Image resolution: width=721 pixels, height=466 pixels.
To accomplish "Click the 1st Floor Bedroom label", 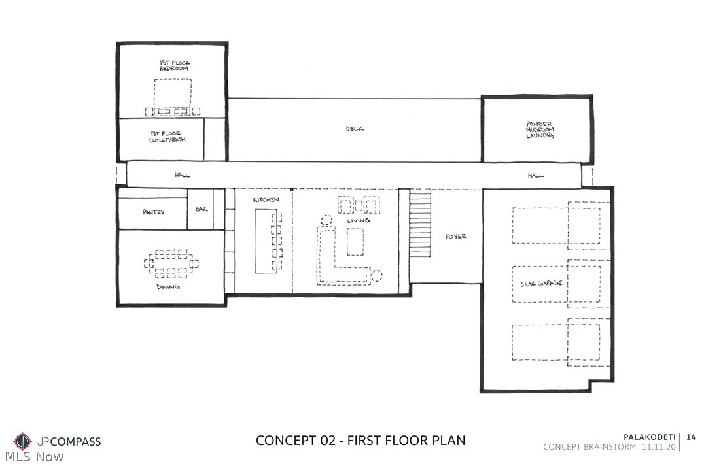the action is pos(174,65).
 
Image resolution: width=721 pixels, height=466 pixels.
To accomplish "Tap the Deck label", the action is pos(355,129).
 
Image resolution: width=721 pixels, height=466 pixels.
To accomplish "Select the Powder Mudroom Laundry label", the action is pos(540,130).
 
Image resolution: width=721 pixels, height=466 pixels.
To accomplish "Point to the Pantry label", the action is pos(154,212).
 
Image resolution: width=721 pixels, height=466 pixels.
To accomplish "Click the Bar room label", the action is pos(202,209).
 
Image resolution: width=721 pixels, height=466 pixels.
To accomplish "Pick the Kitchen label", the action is pos(266,200).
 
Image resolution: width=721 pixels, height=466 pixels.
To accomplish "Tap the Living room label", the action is pos(359,221).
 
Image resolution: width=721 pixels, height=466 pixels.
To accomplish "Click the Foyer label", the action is pos(455,237).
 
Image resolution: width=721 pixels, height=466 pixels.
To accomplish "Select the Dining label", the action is pos(168,287).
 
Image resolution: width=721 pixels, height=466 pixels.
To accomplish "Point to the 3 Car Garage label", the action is pos(541,283).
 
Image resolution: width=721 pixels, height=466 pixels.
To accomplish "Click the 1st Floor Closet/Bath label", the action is pos(167,137).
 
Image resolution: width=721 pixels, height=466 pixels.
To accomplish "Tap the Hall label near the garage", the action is pos(536,175).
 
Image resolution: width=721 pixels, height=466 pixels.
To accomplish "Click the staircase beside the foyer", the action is pos(420,224).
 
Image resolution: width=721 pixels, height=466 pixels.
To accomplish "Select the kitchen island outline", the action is pos(264,241).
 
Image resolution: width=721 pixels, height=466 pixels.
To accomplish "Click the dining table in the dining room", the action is pos(171,264).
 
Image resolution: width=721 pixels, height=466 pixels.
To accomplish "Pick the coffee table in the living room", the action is pos(355,241).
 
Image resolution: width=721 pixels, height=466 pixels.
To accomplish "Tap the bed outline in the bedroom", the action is pos(173,94).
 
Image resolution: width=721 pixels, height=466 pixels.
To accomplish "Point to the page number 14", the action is pos(691,437).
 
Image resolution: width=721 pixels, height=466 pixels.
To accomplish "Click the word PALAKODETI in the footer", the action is pos(649,437).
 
